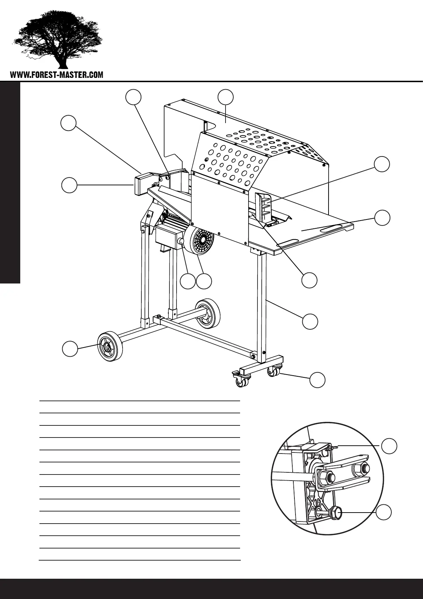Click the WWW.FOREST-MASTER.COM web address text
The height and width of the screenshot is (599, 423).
click(57, 75)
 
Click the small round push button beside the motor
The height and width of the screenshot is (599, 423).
click(181, 242)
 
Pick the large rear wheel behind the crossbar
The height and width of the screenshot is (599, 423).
click(208, 313)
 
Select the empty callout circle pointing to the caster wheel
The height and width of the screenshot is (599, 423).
click(318, 380)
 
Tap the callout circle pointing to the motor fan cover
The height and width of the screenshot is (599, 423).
click(204, 281)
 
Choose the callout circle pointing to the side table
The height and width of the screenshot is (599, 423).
click(382, 217)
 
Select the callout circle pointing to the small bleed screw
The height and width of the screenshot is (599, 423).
click(389, 446)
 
